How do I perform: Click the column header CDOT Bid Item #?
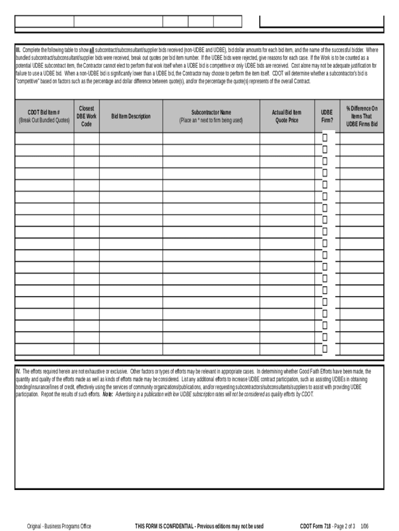[44, 116]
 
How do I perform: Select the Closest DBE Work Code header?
[87, 116]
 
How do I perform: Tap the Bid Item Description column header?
[131, 116]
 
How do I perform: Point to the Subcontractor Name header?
[211, 116]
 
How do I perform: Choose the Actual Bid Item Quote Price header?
[287, 116]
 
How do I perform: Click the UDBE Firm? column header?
[326, 116]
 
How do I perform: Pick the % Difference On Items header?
[362, 116]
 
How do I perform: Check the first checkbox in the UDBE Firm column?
[325, 138]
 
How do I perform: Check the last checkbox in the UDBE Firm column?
[325, 349]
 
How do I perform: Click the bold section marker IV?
[18, 371]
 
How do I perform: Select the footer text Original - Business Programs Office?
[59, 526]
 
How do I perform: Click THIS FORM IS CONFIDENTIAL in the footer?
[164, 526]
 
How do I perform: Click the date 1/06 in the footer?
[365, 526]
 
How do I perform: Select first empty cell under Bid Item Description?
[131, 138]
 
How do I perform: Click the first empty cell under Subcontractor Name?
[211, 138]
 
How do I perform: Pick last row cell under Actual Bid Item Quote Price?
[287, 349]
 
